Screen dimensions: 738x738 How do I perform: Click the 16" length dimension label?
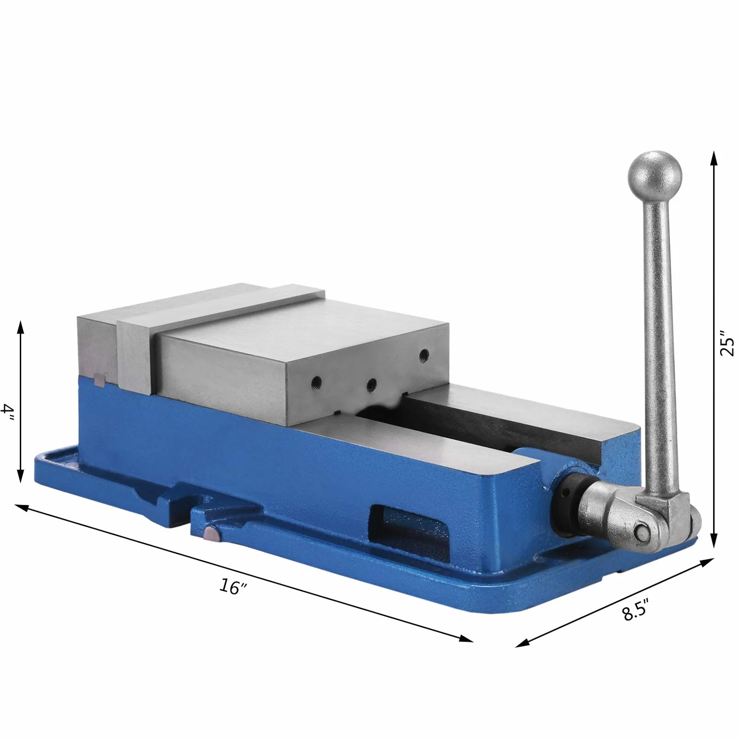point(233,586)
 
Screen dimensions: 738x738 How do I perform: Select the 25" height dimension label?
point(726,345)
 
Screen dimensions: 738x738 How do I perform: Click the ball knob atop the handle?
point(655,177)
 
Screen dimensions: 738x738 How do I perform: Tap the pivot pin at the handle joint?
point(642,533)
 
